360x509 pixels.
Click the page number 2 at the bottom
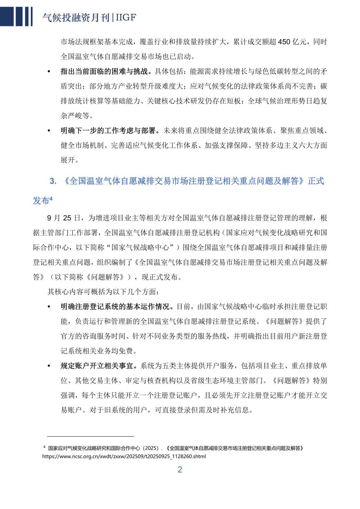pos(180,470)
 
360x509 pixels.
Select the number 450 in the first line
pos(284,42)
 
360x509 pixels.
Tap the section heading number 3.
pos(53,182)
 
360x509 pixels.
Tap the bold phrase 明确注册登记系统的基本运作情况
pos(115,306)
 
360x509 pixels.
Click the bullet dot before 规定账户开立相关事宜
pos(49,366)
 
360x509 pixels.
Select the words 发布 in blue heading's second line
pos(41,201)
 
